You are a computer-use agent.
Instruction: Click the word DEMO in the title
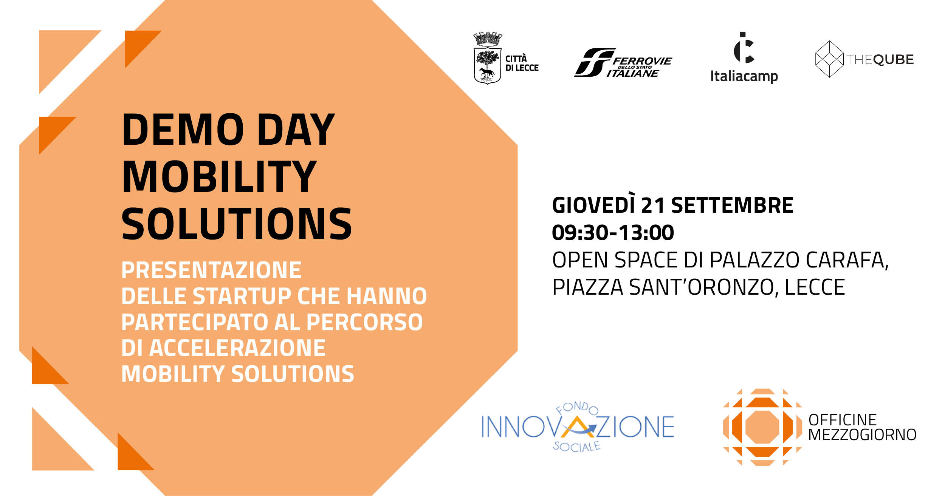click(183, 129)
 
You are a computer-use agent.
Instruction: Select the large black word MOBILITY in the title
click(219, 176)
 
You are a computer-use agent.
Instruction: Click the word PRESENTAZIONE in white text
click(211, 270)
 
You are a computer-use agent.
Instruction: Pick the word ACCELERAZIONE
click(237, 348)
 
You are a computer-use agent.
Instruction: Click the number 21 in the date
click(653, 206)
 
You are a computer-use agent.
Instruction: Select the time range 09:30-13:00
click(613, 232)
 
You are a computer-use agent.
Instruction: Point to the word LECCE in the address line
click(815, 287)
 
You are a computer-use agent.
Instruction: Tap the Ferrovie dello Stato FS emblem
click(594, 62)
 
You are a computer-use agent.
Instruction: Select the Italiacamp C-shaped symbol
click(744, 48)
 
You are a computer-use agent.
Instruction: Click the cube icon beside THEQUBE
click(829, 59)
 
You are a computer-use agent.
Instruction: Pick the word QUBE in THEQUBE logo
click(894, 59)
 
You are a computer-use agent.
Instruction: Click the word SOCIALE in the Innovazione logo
click(577, 447)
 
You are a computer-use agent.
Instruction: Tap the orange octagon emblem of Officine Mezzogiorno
click(762, 427)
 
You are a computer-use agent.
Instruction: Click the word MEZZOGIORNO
click(862, 434)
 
